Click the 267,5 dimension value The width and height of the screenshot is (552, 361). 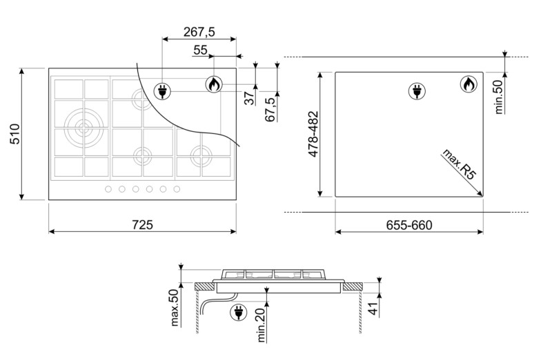click(199, 32)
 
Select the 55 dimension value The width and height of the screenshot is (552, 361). click(200, 50)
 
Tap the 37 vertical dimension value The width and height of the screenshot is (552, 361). click(249, 98)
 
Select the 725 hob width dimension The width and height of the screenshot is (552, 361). click(141, 224)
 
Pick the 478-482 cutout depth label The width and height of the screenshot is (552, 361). click(312, 135)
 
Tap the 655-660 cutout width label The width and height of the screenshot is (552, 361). click(408, 225)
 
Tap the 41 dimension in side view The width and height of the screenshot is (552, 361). click(373, 309)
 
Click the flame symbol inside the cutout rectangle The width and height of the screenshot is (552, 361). click(468, 85)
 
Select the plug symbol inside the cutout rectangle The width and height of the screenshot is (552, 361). click(417, 90)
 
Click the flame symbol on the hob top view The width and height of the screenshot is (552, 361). click(214, 85)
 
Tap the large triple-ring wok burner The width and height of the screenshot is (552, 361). click(83, 127)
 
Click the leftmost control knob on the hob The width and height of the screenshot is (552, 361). click(108, 189)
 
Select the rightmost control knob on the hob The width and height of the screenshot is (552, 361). click(177, 189)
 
